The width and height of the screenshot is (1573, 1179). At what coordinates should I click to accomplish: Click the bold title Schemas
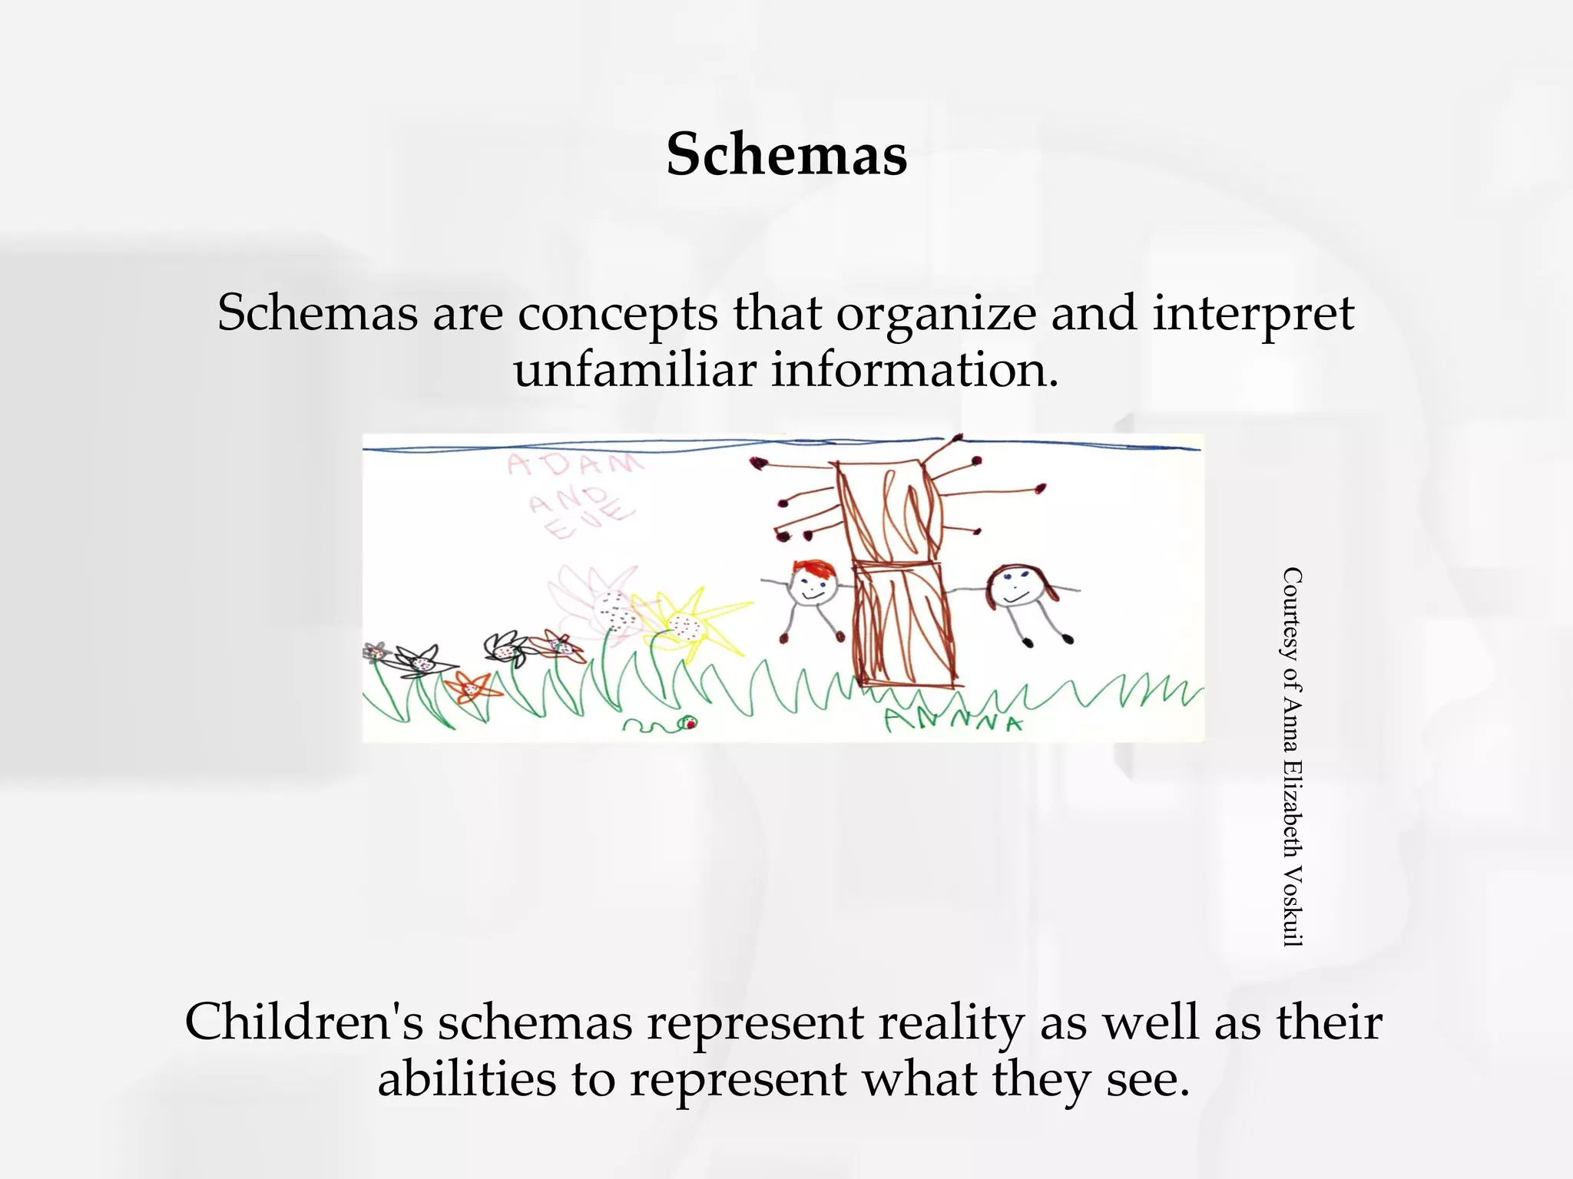pyautogui.click(x=786, y=154)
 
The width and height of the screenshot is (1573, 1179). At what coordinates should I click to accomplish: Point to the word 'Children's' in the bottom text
pyautogui.click(x=303, y=1022)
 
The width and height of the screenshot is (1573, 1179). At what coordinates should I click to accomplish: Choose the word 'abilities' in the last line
pyautogui.click(x=467, y=1078)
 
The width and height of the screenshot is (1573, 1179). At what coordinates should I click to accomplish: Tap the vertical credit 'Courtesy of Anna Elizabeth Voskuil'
pyautogui.click(x=1293, y=756)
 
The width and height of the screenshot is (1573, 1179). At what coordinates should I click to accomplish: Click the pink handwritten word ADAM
pyautogui.click(x=575, y=465)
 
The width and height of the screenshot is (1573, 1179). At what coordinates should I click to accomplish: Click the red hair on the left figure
pyautogui.click(x=814, y=570)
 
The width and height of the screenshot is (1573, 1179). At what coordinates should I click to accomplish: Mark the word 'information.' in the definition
pyautogui.click(x=915, y=370)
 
